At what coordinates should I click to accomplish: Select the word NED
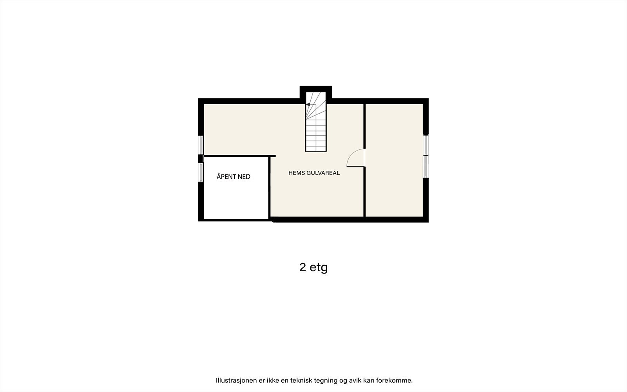(x=244, y=177)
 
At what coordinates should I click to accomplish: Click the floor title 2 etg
(x=313, y=267)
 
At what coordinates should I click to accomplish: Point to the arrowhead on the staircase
(x=308, y=105)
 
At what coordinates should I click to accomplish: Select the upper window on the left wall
(x=201, y=145)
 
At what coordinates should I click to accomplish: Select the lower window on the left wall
(x=201, y=172)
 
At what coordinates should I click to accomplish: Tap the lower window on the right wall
(x=426, y=167)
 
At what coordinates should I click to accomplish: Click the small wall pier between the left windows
(x=201, y=159)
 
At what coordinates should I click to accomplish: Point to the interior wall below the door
(x=365, y=192)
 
